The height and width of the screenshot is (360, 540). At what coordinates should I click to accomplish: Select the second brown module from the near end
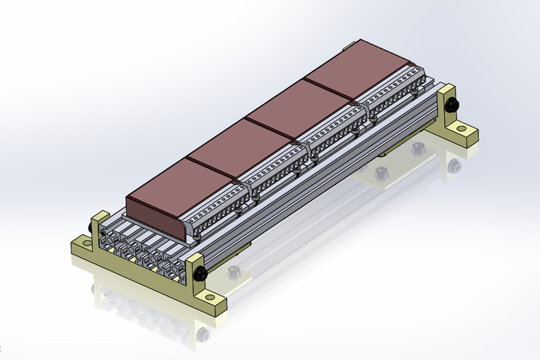241,146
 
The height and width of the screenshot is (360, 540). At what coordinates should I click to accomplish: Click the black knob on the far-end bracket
453,104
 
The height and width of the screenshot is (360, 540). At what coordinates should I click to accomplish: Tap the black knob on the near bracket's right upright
200,272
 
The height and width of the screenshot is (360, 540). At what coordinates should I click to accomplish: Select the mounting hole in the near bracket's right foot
210,302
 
